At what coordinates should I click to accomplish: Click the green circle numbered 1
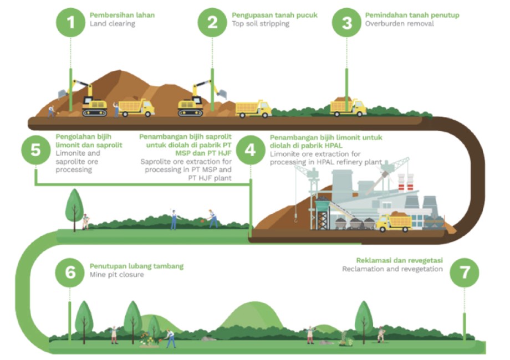(70, 22)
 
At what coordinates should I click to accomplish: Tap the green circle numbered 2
(212, 22)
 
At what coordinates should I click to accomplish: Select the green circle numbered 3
(346, 22)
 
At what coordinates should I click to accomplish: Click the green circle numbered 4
(251, 150)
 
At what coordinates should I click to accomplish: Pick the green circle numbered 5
(36, 150)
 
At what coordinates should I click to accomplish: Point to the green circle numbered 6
(70, 272)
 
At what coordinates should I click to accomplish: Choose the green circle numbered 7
(464, 272)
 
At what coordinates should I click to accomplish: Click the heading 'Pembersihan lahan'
(123, 15)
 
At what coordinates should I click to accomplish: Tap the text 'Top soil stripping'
(261, 24)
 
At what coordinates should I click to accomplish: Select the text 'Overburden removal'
(400, 23)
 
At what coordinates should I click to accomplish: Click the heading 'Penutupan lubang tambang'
(136, 266)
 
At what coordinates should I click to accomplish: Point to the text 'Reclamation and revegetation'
(392, 269)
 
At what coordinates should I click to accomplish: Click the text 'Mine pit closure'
(117, 275)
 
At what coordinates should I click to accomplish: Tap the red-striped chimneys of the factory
(406, 183)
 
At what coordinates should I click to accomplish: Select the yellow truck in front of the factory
(394, 222)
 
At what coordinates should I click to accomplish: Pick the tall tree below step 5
(74, 209)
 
